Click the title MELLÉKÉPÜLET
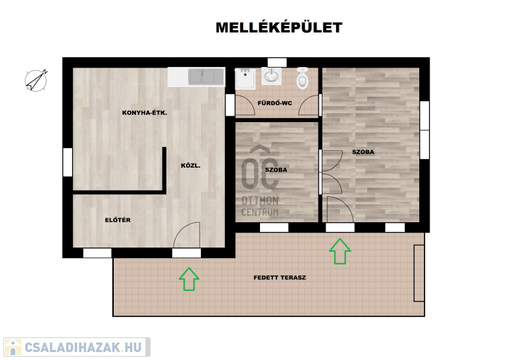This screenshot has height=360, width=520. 279,27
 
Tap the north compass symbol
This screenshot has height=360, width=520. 36,81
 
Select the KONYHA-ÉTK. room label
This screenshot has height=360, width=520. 144,112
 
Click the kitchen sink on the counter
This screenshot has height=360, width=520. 201,77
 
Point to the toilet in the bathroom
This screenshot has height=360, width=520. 302,78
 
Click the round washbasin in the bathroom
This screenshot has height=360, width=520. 271,76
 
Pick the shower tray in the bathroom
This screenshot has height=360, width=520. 245,79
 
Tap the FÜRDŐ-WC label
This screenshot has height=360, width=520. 274,103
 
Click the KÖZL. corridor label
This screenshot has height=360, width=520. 190,166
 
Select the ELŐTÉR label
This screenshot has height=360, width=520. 118,220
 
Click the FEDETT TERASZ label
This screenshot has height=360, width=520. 279,277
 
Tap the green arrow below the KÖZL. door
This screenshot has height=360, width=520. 189,279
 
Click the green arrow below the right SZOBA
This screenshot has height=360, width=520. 340,251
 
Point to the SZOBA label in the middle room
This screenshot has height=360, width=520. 276,170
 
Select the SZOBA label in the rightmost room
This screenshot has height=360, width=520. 363,152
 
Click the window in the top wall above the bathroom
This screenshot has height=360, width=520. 277,62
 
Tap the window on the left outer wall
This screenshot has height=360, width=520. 68,162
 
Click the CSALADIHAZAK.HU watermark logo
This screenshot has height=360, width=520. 77,347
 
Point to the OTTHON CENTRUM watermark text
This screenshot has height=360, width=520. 260,206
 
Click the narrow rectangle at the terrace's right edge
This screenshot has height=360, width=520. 419,273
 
